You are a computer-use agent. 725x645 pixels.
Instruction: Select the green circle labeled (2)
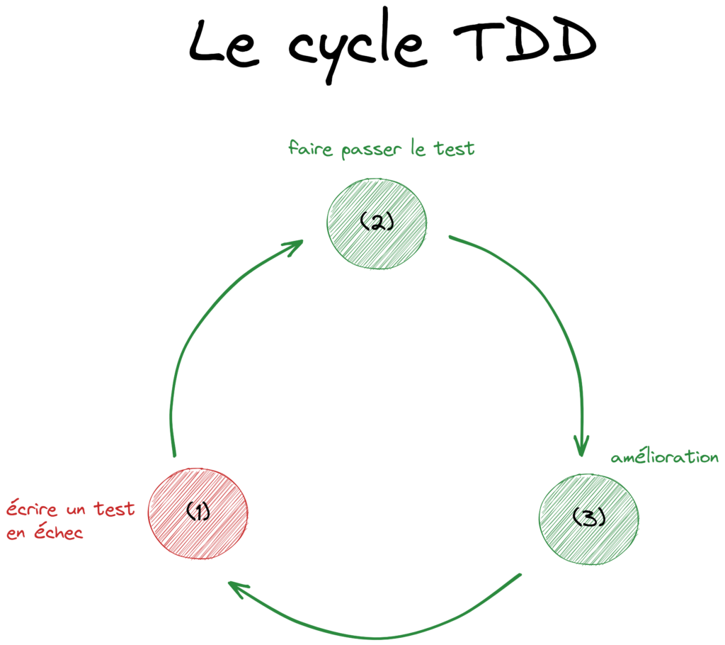pos(377,223)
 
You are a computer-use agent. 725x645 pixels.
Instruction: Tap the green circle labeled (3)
pos(589,519)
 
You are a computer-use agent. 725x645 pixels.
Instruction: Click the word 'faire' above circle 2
pos(310,150)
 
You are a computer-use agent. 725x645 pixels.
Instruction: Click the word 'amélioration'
pos(664,458)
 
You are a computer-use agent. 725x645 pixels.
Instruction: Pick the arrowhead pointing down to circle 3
pos(581,447)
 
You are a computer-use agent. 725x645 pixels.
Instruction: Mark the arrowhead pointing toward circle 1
pos(238,588)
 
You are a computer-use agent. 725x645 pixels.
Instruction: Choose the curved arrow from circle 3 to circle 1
pos(375,636)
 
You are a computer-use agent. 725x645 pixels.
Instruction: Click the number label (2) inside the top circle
pos(376,223)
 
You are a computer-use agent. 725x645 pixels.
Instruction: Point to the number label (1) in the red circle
pos(198,511)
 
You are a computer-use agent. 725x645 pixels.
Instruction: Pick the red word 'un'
pos(76,510)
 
